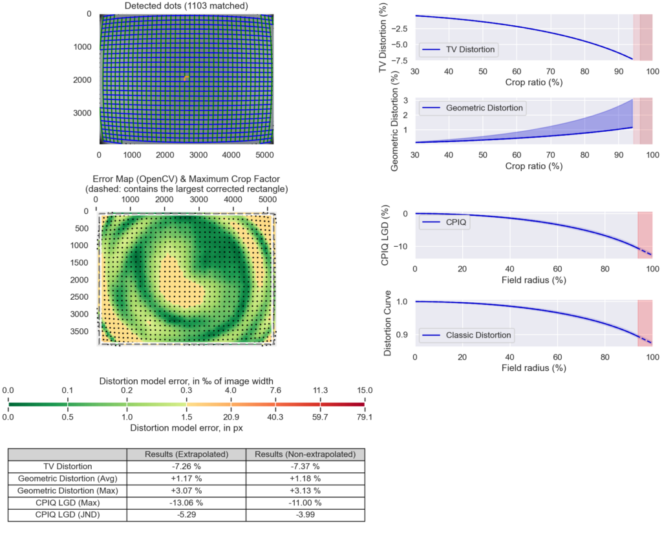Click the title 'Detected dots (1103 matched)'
click(x=186, y=6)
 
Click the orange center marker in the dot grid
click(x=186, y=78)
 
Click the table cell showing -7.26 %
click(x=186, y=466)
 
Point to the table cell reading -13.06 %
click(x=186, y=503)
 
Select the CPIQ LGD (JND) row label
click(x=67, y=515)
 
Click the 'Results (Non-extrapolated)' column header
click(x=305, y=454)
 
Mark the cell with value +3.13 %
click(x=305, y=490)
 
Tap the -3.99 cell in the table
click(x=305, y=515)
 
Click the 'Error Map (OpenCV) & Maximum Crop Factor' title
click(x=186, y=178)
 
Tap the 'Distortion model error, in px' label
click(x=186, y=428)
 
